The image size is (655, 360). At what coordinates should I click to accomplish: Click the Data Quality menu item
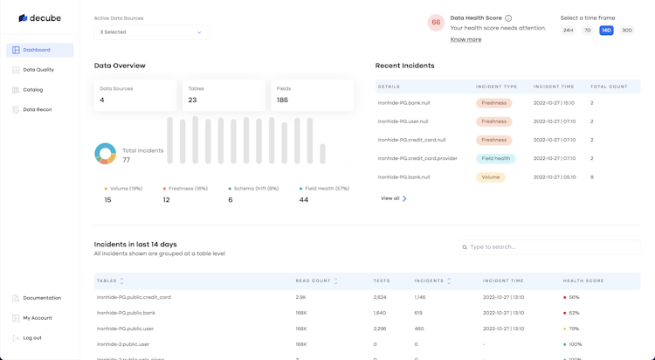pos(38,70)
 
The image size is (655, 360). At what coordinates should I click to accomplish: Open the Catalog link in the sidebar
pos(33,90)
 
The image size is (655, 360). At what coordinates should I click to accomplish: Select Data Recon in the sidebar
pos(38,110)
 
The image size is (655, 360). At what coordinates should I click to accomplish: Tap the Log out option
pos(31,338)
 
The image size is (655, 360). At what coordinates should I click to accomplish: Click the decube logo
pos(40,17)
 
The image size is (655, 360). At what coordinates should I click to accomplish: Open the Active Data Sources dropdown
pos(150,32)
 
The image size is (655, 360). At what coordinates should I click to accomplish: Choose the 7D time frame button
pos(588,31)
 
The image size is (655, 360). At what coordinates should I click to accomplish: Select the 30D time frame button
pos(627,31)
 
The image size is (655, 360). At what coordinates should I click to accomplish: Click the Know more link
pos(465,39)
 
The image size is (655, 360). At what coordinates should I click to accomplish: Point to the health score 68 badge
pos(436,23)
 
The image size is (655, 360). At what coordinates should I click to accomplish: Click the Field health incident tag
pos(495,159)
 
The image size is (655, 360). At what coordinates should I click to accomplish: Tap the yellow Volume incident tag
pos(491,177)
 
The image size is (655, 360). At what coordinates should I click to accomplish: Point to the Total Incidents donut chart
pos(106,154)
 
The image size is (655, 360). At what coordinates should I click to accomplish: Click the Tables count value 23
pos(192,100)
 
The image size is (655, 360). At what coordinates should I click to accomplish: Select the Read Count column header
pos(315,281)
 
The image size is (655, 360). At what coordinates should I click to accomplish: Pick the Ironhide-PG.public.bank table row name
pos(126,313)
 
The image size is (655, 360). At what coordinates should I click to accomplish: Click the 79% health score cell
pos(573,329)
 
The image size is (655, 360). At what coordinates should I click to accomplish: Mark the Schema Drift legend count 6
pos(231,200)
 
